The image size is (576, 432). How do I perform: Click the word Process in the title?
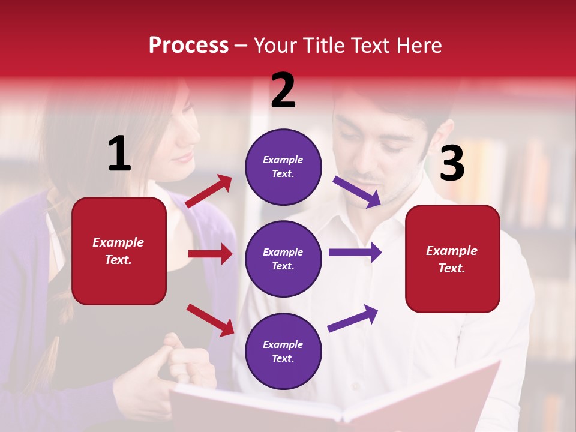click(x=188, y=46)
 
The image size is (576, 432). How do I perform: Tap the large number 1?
click(x=119, y=154)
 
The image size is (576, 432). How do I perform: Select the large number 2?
click(x=283, y=91)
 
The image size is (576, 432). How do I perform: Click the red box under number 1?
click(x=119, y=251)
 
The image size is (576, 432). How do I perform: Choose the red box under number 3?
click(x=452, y=259)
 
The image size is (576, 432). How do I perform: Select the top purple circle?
click(x=283, y=167)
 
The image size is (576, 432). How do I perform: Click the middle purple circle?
click(x=283, y=259)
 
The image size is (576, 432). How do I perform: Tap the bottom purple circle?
click(x=283, y=352)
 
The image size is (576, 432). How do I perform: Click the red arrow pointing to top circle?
click(x=209, y=191)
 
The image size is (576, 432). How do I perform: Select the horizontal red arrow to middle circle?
click(x=211, y=254)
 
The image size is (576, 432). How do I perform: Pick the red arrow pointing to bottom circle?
click(x=211, y=320)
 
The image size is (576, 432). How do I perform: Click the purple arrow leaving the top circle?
click(x=358, y=192)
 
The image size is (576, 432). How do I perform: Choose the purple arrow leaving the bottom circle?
click(x=353, y=319)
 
